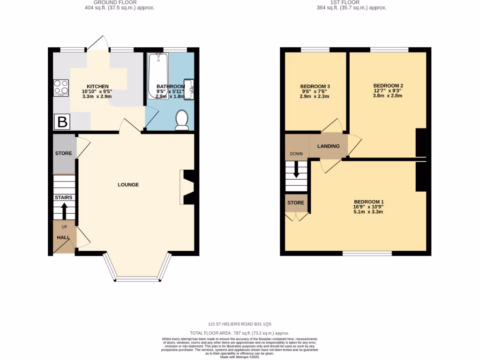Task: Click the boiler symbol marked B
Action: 62,122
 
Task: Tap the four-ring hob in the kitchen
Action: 61,87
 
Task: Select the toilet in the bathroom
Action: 181,120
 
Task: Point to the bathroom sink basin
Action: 189,89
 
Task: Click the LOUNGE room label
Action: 128,185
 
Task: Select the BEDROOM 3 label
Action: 315,86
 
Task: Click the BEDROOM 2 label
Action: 388,85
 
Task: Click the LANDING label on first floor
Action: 328,146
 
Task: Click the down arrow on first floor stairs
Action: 296,170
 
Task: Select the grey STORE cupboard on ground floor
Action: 64,154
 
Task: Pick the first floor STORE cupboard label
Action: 296,203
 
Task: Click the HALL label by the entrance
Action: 63,238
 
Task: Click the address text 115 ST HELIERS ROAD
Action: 240,324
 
